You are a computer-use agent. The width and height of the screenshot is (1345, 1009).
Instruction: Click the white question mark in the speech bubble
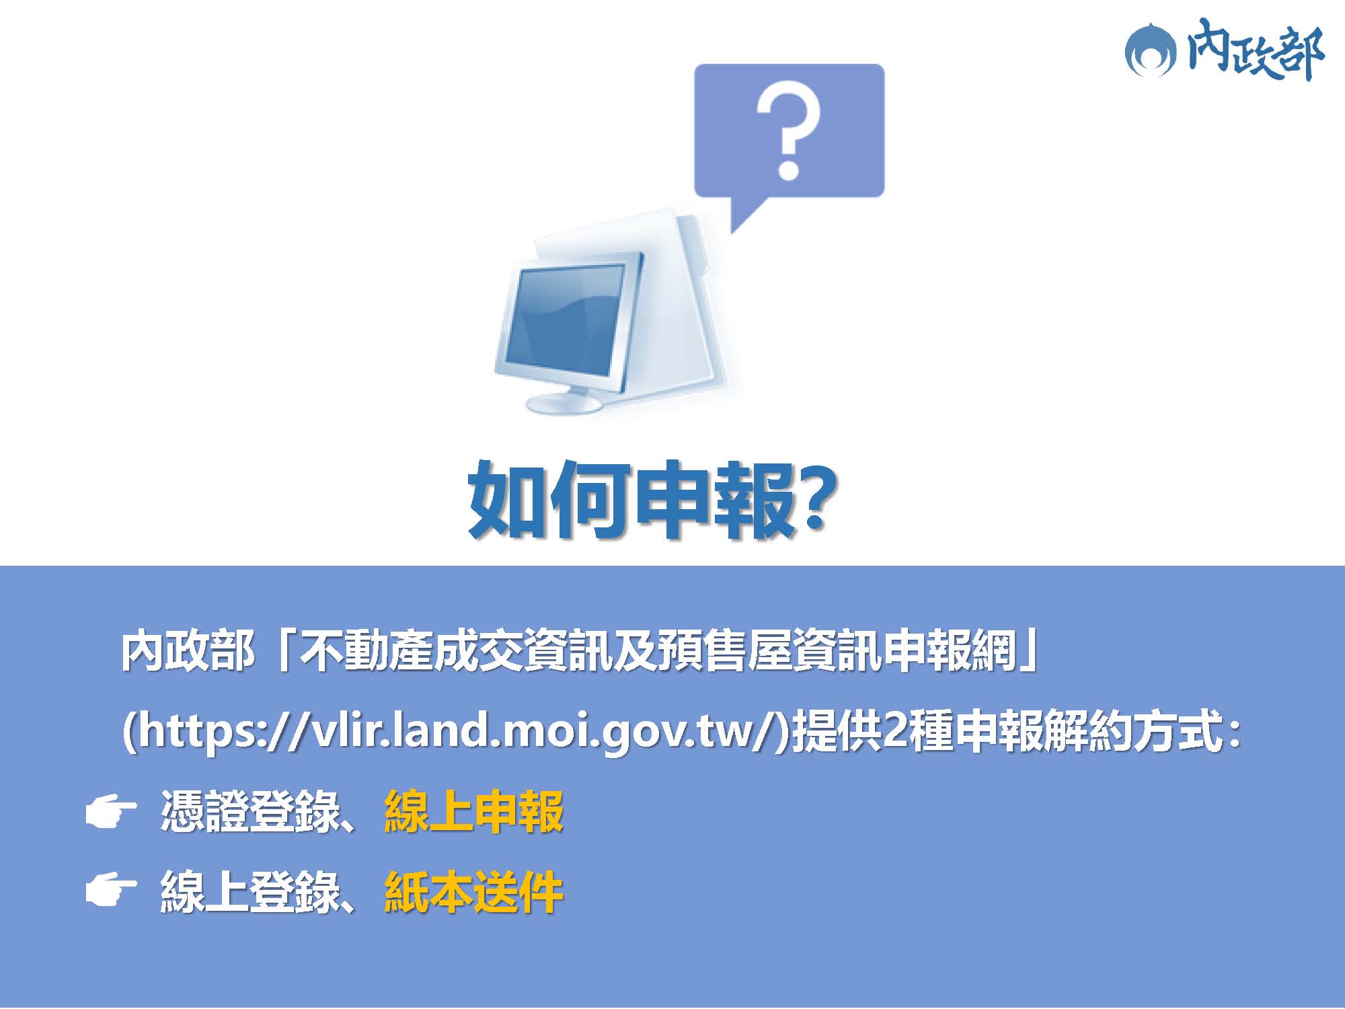(x=788, y=130)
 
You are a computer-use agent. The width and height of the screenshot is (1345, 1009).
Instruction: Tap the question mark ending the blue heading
(x=817, y=498)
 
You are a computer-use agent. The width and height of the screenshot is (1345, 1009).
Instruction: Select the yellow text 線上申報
(x=473, y=812)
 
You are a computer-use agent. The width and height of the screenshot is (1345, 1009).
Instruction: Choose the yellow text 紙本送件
(x=473, y=893)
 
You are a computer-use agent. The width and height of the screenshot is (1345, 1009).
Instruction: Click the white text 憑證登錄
(x=250, y=812)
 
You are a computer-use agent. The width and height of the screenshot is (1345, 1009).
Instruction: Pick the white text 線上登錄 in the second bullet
(x=250, y=893)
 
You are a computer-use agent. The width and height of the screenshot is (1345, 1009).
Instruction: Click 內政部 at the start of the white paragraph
(x=188, y=651)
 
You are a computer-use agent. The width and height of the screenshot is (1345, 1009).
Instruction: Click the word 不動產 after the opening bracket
(x=366, y=651)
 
